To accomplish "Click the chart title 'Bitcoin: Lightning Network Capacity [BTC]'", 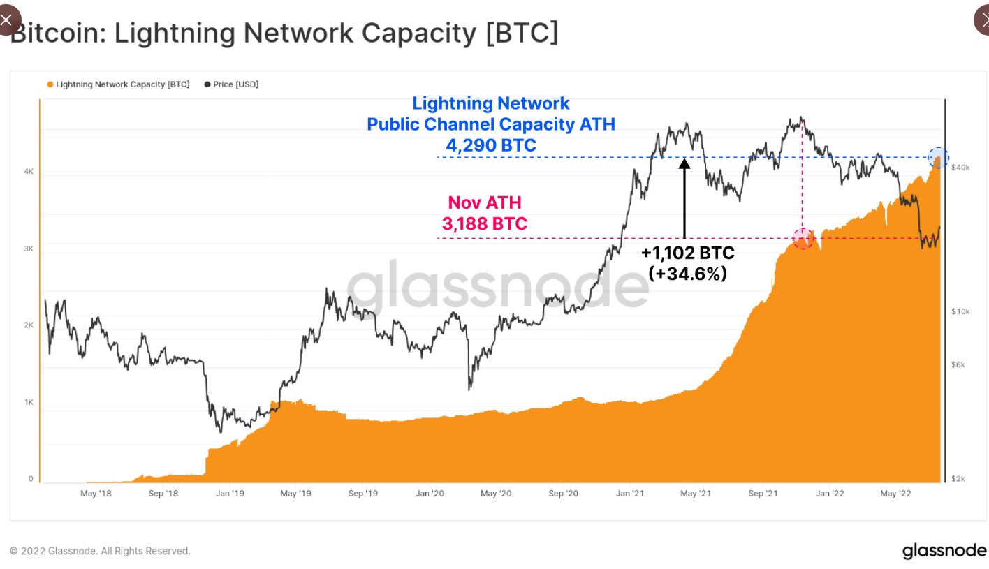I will click(284, 33).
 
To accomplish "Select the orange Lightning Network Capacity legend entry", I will click(118, 84).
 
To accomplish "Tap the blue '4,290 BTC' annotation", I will click(491, 145).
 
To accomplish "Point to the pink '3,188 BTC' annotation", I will click(485, 223).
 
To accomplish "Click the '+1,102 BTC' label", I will click(687, 253).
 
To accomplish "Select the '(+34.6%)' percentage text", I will click(687, 274).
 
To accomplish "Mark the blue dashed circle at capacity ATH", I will click(938, 158).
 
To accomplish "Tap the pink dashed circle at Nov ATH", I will click(803, 238).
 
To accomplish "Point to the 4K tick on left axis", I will click(29, 171).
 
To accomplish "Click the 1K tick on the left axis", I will click(29, 402).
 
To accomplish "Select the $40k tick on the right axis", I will click(960, 168).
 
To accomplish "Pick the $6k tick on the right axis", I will click(958, 364).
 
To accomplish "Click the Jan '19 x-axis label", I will click(229, 494).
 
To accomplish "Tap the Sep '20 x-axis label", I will click(563, 494).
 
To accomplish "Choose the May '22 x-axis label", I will click(895, 494).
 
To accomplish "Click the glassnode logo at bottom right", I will click(944, 550).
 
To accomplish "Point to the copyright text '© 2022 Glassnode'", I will click(100, 551).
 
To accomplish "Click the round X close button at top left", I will click(7, 19).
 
